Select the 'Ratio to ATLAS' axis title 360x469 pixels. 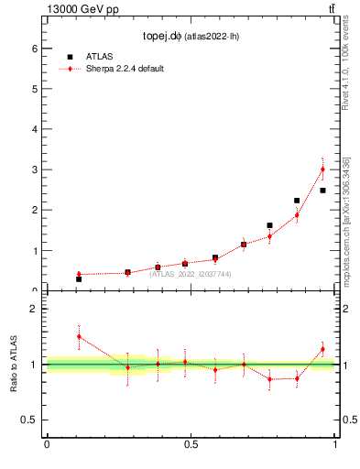[x=15, y=364]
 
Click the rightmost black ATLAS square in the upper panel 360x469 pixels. [x=322, y=191]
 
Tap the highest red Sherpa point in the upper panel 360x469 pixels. [x=322, y=169]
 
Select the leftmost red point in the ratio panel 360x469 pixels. [x=79, y=336]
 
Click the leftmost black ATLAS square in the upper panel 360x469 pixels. [x=79, y=278]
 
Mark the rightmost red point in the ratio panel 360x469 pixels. [x=322, y=349]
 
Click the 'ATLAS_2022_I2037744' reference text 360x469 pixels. [x=191, y=274]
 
